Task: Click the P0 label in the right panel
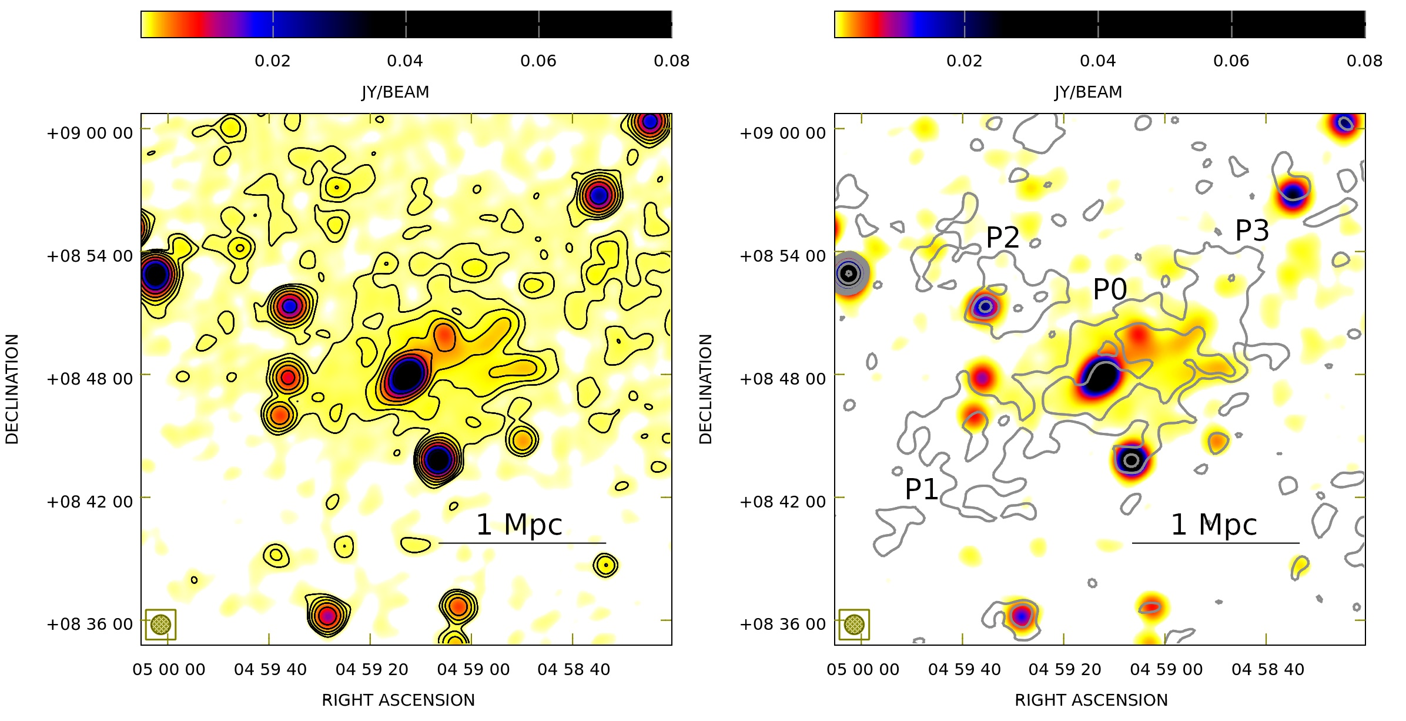(x=1110, y=289)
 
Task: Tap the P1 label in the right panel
(x=922, y=489)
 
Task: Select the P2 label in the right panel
(x=1003, y=238)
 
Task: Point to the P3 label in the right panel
(x=1252, y=231)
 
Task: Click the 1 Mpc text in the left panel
(x=519, y=525)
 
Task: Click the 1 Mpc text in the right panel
(x=1214, y=525)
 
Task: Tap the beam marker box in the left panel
(x=160, y=624)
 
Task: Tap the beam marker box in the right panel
(x=854, y=624)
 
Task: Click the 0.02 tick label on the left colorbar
(x=272, y=61)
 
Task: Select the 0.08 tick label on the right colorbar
(x=1364, y=61)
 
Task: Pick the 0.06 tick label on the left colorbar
(x=538, y=61)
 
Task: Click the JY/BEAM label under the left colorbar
(x=395, y=92)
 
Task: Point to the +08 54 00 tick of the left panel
(x=90, y=256)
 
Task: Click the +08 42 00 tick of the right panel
(x=782, y=502)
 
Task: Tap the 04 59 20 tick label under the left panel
(x=371, y=670)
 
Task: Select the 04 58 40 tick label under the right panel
(x=1268, y=670)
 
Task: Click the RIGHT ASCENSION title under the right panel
(x=1091, y=700)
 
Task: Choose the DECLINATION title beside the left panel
(x=12, y=389)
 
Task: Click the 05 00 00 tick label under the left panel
(x=169, y=670)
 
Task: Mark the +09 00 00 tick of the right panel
(x=782, y=133)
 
